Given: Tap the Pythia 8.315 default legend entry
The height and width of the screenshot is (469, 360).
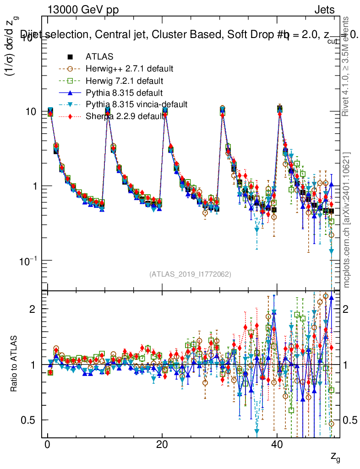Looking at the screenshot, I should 124,93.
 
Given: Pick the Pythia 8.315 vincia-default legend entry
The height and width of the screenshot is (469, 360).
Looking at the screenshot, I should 136,104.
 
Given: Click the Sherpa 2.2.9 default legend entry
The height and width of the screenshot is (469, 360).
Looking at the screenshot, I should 125,116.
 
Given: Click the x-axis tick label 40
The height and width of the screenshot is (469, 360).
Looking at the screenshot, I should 276,446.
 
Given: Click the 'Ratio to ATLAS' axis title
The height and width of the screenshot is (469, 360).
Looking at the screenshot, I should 15,365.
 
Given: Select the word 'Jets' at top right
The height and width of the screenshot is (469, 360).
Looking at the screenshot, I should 324,10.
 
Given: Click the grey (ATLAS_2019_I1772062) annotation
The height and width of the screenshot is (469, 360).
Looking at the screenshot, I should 190,274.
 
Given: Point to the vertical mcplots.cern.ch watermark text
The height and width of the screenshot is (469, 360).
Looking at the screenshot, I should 347,219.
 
